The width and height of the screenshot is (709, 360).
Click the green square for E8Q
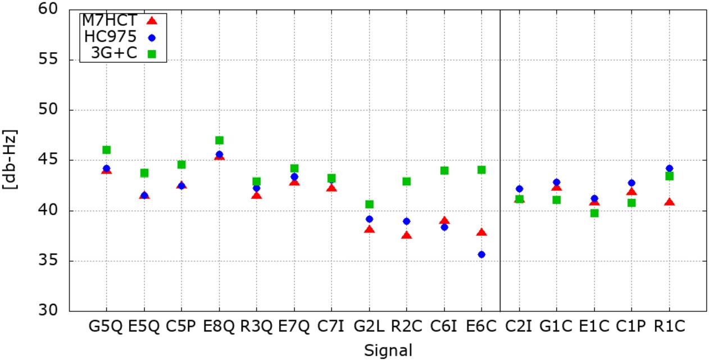(219, 140)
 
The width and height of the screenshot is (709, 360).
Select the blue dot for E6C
(481, 254)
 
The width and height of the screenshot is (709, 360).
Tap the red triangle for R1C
(669, 202)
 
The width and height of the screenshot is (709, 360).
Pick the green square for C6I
(444, 170)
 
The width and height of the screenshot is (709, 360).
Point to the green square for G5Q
(107, 149)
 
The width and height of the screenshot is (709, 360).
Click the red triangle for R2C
(407, 235)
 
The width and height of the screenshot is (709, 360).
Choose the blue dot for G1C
(557, 182)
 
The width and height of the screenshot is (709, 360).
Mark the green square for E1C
(594, 213)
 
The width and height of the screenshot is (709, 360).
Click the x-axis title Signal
(388, 350)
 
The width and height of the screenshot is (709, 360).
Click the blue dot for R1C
(669, 168)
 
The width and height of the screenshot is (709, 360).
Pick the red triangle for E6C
(481, 233)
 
